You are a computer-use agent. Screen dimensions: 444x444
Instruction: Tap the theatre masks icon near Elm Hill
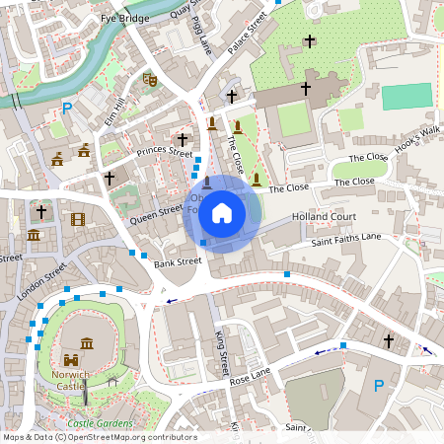[150, 79]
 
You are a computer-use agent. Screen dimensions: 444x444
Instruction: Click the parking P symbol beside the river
[67, 109]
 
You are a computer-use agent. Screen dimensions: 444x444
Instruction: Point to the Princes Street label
[165, 152]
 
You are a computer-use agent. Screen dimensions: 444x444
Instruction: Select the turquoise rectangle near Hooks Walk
[407, 97]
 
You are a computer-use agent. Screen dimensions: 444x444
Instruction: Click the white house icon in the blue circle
[222, 212]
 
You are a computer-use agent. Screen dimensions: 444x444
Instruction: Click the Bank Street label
[177, 262]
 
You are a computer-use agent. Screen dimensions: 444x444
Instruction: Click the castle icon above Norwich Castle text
[72, 361]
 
